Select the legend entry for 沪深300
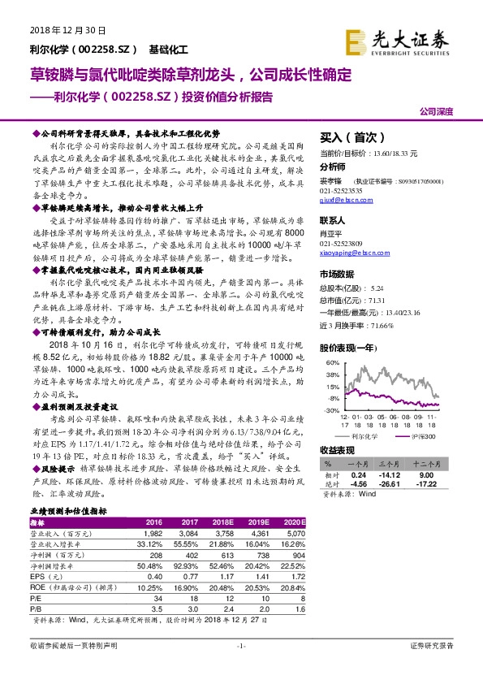pyautogui.click(x=416, y=435)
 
